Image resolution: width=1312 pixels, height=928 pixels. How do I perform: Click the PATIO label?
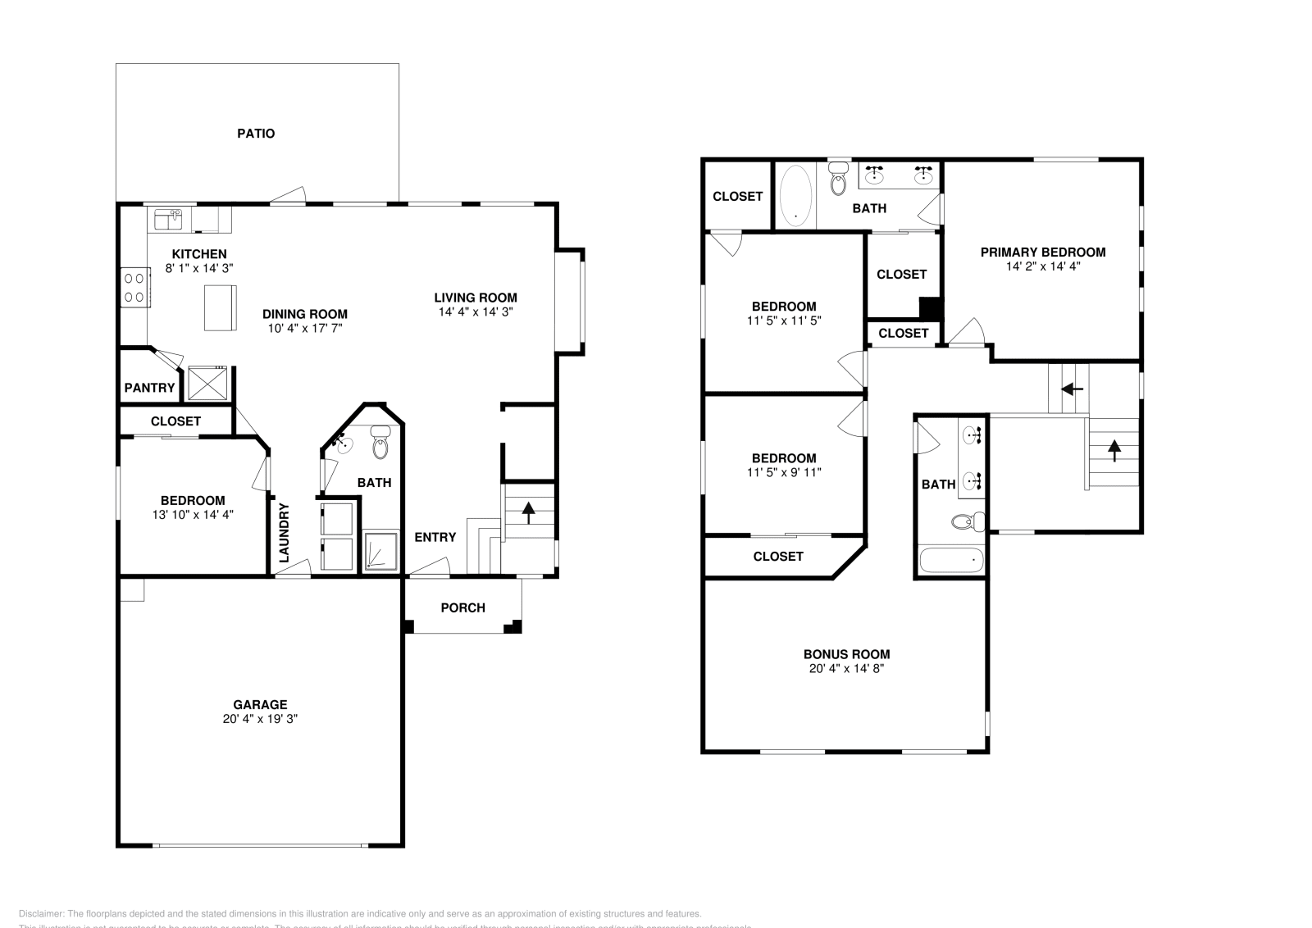256,133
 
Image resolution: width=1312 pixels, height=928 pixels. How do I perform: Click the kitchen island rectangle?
220,307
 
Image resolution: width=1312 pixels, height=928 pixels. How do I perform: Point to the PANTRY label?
149,388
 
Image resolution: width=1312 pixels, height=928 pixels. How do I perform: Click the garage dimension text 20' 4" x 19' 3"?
260,718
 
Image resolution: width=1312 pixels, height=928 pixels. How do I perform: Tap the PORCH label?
462,607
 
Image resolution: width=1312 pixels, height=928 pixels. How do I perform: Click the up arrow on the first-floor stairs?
528,512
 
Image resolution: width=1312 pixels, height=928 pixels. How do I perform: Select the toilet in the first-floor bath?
380,444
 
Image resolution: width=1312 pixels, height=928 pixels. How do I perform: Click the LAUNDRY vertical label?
284,532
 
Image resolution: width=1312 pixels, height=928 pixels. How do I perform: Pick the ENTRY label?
435,537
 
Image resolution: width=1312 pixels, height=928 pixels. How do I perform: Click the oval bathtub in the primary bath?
794,195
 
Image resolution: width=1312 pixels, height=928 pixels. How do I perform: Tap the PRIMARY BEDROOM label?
1043,252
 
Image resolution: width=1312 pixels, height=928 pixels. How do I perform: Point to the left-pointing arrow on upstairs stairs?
1073,388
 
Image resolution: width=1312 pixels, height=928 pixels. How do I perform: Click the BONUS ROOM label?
846,654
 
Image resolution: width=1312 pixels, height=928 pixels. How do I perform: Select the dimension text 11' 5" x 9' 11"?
784,472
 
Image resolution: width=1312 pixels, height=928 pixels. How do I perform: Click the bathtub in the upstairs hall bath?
951,561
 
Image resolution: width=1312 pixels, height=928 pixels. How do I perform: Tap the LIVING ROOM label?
476,298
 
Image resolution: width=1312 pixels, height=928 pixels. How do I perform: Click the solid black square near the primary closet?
930,308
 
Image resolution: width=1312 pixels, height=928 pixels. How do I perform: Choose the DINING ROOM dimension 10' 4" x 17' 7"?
304,328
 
